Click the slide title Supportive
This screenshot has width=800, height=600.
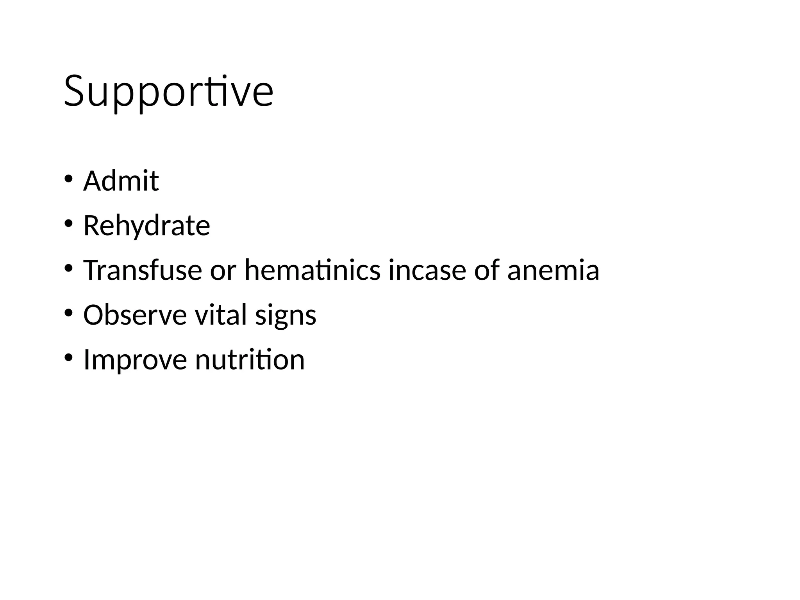pyautogui.click(x=168, y=92)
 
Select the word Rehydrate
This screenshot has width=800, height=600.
pyautogui.click(x=146, y=226)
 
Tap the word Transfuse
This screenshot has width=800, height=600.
pyautogui.click(x=143, y=270)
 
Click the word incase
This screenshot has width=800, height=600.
pyautogui.click(x=427, y=270)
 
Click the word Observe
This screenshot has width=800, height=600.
pyautogui.click(x=135, y=315)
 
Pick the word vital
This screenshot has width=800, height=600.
pyautogui.click(x=221, y=315)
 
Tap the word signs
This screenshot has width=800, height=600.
pyautogui.click(x=286, y=316)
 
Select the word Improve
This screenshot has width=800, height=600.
pyautogui.click(x=135, y=360)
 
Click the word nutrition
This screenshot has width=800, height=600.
pyautogui.click(x=250, y=360)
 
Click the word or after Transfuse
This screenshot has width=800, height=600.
pyautogui.click(x=223, y=271)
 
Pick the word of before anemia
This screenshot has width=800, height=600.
pyautogui.click(x=487, y=270)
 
